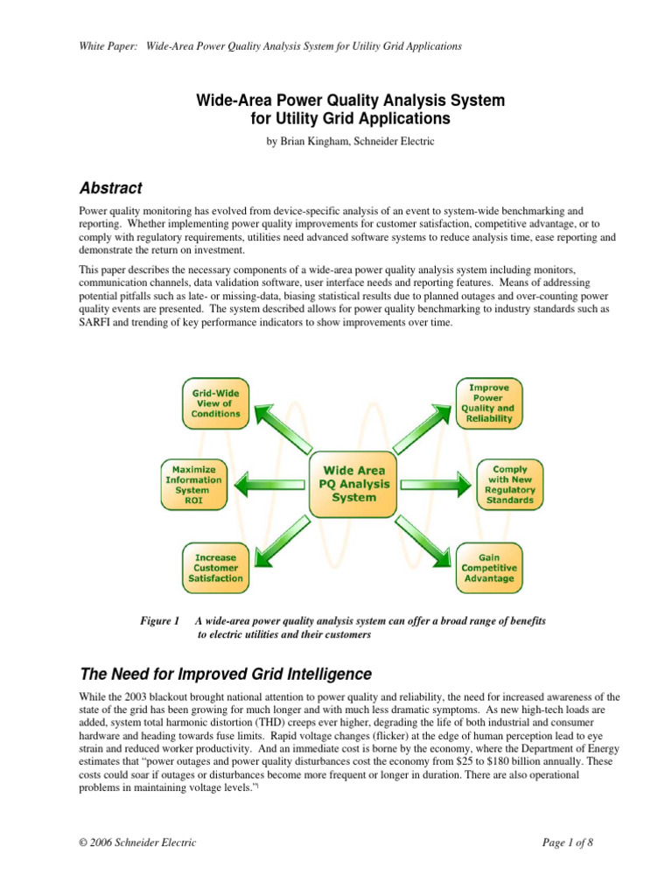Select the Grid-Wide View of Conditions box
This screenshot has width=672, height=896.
tap(216, 403)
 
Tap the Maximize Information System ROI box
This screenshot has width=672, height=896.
tap(193, 485)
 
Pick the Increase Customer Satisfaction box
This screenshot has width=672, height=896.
tap(215, 567)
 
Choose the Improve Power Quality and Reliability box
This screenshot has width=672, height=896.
tap(491, 403)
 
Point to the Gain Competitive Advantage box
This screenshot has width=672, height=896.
tap(490, 567)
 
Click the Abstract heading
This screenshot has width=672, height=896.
tap(110, 188)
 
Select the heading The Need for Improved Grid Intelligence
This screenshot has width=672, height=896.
tap(226, 675)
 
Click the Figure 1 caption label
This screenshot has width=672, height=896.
tap(159, 620)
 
